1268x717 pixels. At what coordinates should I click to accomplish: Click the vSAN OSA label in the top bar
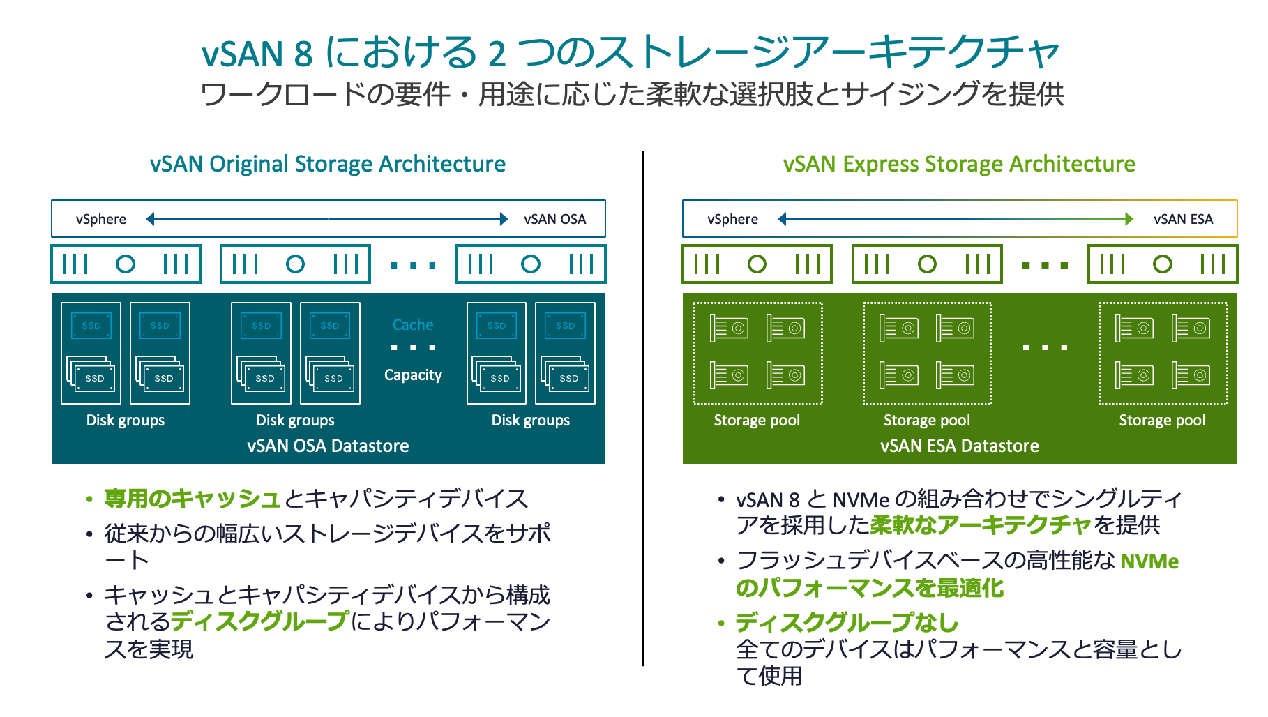tap(554, 219)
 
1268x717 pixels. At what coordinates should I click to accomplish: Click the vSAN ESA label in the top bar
tap(1183, 219)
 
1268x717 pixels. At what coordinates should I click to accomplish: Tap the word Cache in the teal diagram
tap(413, 325)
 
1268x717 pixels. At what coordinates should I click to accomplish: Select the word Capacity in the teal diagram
tap(413, 375)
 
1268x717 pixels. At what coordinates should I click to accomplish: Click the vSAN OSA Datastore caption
tap(328, 446)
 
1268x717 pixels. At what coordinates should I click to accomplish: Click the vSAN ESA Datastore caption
tap(959, 446)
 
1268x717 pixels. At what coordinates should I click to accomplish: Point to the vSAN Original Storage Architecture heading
tap(328, 164)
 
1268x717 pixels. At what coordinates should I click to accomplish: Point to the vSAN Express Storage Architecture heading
tap(959, 164)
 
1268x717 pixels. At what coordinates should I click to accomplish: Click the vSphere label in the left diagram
tap(101, 219)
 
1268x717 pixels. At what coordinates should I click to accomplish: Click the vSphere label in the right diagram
tap(732, 219)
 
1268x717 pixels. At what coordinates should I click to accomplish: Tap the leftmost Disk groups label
tap(126, 421)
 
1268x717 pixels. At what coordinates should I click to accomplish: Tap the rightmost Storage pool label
tap(1162, 421)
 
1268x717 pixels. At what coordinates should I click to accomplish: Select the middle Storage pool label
tap(926, 421)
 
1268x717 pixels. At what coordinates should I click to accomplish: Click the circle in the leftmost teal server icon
tap(126, 264)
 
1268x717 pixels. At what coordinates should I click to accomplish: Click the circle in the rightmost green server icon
tap(1162, 264)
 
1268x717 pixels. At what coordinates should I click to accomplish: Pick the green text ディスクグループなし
tap(847, 622)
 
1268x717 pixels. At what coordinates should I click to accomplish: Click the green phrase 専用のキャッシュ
tap(193, 499)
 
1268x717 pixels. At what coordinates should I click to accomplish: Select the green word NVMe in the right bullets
tap(1149, 561)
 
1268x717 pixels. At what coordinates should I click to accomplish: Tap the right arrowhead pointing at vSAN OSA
tap(504, 219)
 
